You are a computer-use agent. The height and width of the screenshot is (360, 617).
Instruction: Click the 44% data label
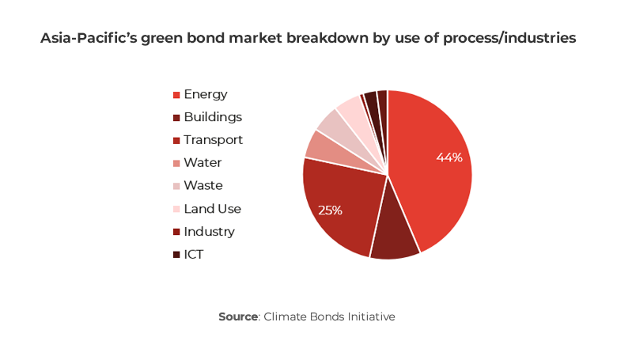click(x=449, y=157)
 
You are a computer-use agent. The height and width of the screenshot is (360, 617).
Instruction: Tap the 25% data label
click(x=330, y=210)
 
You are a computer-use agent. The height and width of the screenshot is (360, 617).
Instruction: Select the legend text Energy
click(x=205, y=94)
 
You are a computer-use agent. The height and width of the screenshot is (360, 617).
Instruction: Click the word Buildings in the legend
click(x=212, y=117)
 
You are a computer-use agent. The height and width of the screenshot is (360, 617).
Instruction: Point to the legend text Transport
click(x=213, y=140)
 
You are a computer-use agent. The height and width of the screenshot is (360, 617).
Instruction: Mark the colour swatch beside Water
click(x=176, y=164)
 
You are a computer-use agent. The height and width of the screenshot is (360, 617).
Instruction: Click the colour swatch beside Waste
click(x=176, y=187)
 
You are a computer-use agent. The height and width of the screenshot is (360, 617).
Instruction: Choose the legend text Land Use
click(x=212, y=209)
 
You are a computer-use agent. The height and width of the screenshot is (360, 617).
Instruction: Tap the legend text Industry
click(x=209, y=232)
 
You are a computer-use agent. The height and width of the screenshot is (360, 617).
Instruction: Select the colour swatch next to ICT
click(x=176, y=256)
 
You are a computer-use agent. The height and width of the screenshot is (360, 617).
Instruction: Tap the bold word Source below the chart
click(x=238, y=316)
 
